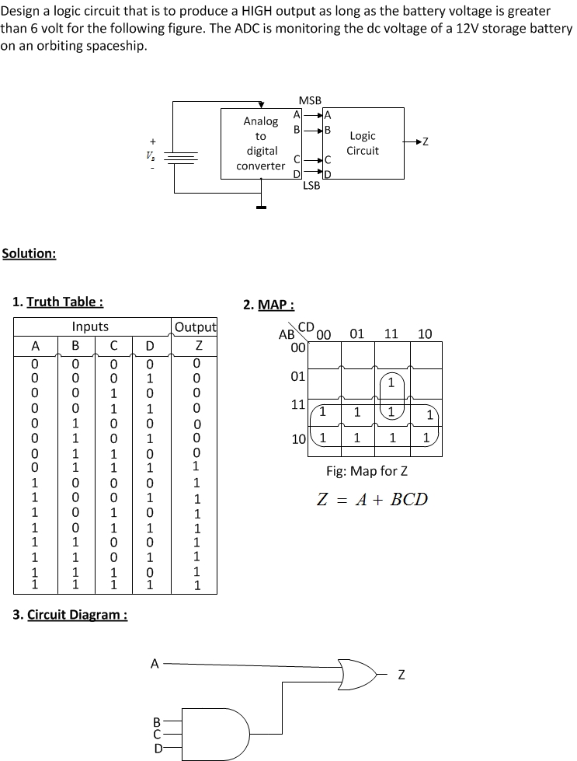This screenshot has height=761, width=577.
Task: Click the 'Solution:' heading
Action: point(29,253)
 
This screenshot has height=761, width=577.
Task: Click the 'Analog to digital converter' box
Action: point(261,144)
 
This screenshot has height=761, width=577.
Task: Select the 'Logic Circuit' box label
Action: point(362,143)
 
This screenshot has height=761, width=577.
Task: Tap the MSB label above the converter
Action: point(310,100)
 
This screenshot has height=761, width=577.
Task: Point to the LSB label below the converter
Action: point(311,185)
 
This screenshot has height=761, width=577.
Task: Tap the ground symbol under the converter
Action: point(261,206)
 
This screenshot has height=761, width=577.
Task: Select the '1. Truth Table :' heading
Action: point(58,302)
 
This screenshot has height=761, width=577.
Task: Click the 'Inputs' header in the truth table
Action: point(90,326)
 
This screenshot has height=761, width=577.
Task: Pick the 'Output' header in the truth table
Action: point(196,326)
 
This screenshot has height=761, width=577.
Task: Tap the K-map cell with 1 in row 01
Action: point(392,383)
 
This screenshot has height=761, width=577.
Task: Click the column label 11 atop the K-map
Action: point(391,334)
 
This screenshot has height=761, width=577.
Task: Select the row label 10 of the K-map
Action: point(298,439)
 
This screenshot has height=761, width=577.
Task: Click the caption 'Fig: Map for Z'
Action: point(367,471)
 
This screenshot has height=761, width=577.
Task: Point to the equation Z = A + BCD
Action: point(373,499)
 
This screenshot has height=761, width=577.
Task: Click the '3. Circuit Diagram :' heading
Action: point(71,615)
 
